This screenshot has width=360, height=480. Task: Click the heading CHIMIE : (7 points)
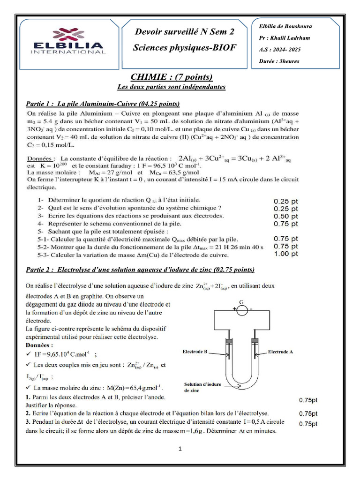[171, 77]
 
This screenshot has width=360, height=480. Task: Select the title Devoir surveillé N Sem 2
[184, 32]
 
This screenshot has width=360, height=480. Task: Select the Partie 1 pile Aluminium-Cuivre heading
[102, 103]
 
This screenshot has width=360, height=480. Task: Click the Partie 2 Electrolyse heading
[139, 270]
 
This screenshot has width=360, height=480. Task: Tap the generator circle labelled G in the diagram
[241, 310]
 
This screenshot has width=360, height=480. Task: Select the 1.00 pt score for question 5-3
[285, 255]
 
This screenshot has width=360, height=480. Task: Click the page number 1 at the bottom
[180, 449]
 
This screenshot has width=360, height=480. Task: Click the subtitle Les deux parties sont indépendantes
[171, 87]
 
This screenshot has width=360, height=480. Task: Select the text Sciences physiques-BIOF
[184, 47]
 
